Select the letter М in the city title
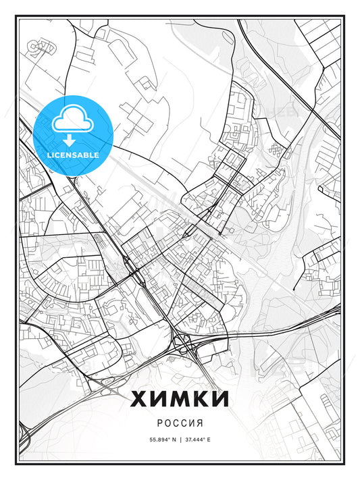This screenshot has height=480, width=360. [x=182, y=399]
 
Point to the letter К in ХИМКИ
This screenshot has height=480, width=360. [x=202, y=399]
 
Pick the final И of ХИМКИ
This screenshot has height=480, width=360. [x=220, y=399]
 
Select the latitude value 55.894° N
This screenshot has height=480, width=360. [x=160, y=439]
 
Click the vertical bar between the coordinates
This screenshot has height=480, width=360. [x=180, y=439]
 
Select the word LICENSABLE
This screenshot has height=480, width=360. [x=73, y=155]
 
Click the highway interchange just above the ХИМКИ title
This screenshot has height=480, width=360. [x=184, y=344]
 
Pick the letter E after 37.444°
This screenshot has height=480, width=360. [x=209, y=439]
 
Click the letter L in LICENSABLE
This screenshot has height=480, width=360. [x=49, y=155]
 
